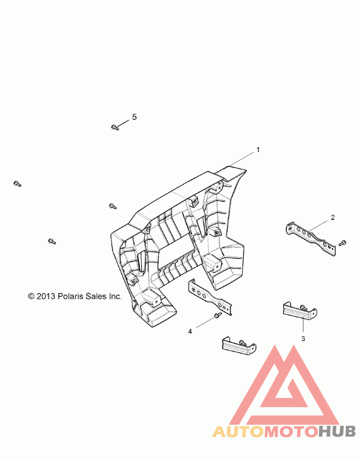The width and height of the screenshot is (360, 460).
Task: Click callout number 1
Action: [258, 150]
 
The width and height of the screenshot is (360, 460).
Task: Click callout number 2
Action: [333, 217]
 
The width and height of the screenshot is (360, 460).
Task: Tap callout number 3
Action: [303, 339]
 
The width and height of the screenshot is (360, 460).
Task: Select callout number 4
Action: [190, 331]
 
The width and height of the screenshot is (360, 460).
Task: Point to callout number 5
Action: [134, 117]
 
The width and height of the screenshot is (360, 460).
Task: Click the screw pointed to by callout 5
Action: [115, 127]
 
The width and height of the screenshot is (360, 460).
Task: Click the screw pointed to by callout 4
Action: [217, 315]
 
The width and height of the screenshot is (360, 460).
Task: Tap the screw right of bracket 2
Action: [342, 243]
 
